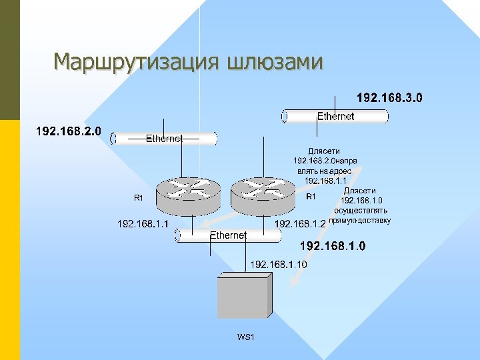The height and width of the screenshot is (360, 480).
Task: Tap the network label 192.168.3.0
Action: [390, 99]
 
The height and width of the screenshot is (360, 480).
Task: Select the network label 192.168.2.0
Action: [68, 131]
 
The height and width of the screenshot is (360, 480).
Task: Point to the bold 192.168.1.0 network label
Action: [333, 247]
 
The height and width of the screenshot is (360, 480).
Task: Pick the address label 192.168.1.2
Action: [301, 224]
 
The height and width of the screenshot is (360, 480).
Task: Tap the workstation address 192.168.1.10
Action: [279, 265]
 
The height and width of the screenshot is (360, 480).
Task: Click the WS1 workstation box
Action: [244, 297]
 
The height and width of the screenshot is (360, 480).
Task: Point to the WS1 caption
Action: [246, 338]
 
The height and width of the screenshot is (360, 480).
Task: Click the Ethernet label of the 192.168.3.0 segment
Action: [335, 117]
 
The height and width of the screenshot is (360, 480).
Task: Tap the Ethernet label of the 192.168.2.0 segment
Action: [164, 139]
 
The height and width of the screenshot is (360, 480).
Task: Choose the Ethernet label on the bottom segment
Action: [229, 235]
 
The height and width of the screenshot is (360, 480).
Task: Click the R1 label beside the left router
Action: [139, 198]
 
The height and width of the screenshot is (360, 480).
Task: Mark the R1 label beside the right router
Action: [311, 197]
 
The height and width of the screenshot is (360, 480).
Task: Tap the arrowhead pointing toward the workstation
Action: [288, 285]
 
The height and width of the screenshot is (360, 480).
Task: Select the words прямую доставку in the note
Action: [361, 220]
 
